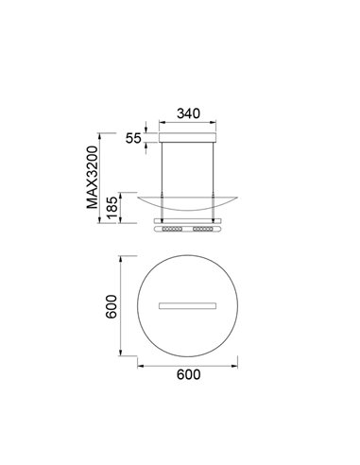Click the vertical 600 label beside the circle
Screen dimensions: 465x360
tap(111, 306)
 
